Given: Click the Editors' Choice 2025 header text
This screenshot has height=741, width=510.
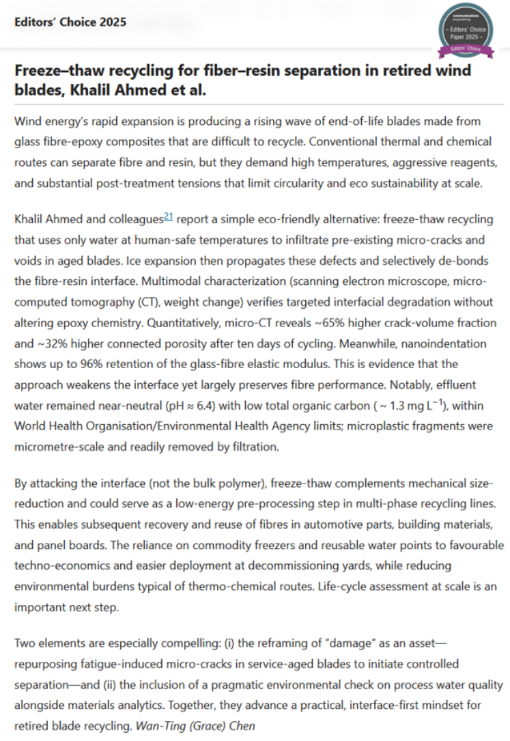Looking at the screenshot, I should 70,22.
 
